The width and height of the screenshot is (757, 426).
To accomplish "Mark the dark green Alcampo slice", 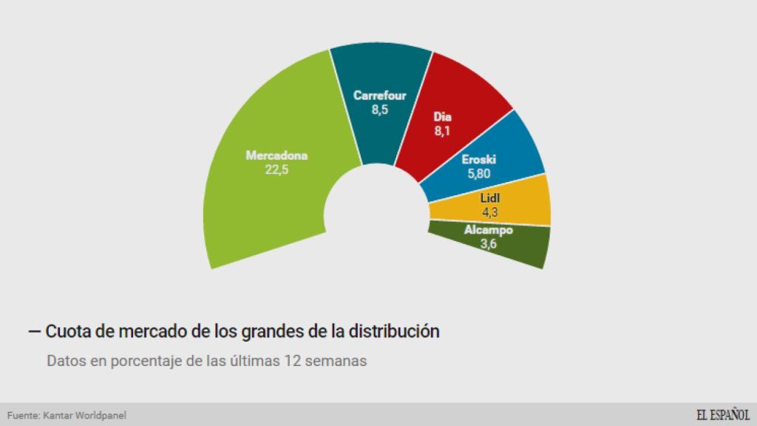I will pyautogui.click(x=517, y=248).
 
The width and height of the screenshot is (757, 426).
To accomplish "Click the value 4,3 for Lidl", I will pyautogui.click(x=490, y=212).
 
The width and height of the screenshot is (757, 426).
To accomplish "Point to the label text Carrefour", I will pyautogui.click(x=379, y=95).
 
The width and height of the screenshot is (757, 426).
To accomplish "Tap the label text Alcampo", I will pyautogui.click(x=488, y=230).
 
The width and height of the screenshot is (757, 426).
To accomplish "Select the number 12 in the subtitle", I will pyautogui.click(x=293, y=362).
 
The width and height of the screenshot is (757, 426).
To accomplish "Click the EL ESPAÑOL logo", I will pyautogui.click(x=722, y=414).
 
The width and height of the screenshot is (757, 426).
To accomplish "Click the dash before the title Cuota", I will pyautogui.click(x=34, y=331).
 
